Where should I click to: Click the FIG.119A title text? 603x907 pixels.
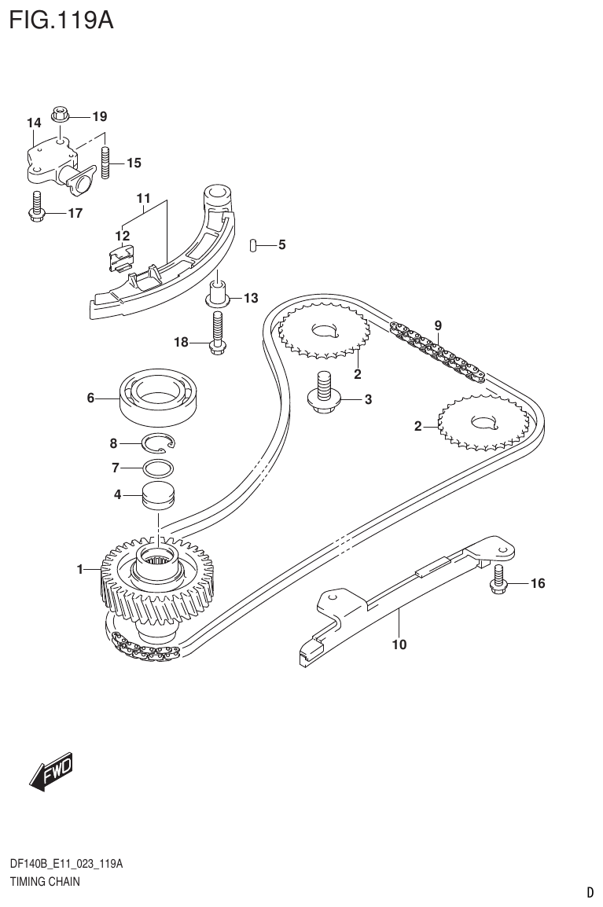click(61, 19)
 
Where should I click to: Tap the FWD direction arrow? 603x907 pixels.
click(51, 772)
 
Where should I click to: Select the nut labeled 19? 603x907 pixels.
click(61, 114)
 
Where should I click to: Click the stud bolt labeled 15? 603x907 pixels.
click(105, 163)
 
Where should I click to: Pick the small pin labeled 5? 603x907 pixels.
click(252, 246)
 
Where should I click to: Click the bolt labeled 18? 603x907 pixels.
click(218, 332)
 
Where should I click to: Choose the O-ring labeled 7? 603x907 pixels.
click(158, 469)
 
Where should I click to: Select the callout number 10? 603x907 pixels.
click(399, 645)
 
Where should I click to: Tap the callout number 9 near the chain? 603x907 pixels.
click(438, 325)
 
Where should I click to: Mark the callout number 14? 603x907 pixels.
click(33, 123)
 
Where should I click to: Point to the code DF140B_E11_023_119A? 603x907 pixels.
click(66, 865)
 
